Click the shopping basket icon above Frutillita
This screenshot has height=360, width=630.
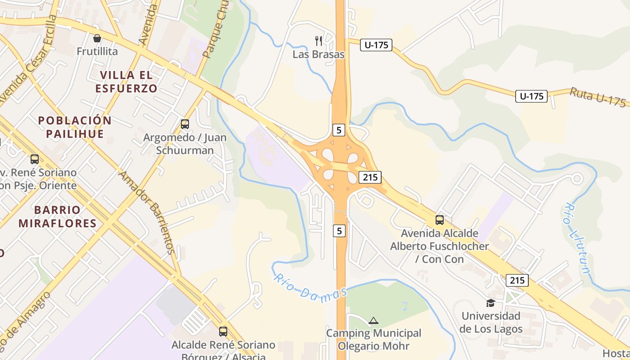97,38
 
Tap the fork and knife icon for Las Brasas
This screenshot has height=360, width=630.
319,41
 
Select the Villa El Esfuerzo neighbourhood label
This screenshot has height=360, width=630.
126,81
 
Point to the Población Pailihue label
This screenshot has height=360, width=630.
75,127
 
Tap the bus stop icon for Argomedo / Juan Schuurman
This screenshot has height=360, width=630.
184,124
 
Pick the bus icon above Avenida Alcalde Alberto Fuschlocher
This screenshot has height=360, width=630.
439,220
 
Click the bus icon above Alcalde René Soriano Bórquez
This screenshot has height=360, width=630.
223,332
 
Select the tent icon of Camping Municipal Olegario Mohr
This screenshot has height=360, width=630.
373,321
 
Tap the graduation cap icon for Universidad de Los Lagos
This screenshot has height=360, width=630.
490,303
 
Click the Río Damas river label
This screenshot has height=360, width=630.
310,288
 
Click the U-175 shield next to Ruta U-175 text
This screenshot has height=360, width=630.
531,96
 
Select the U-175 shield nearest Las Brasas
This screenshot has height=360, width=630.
376,45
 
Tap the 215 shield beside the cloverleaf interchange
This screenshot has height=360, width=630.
370,177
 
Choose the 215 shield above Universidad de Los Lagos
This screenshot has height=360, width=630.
517,280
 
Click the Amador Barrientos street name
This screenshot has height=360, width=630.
146,212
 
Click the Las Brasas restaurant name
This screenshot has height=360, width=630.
318,54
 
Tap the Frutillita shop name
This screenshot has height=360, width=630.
97,51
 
